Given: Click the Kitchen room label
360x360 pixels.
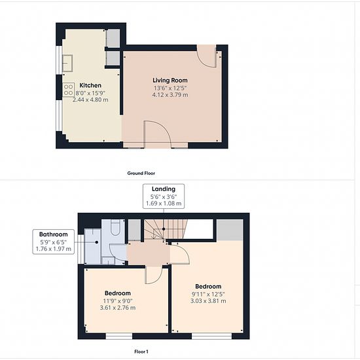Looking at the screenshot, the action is pyautogui.click(x=90, y=85).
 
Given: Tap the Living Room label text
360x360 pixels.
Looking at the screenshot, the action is pyautogui.click(x=170, y=81).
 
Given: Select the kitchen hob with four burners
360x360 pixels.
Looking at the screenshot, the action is pyautogui.click(x=69, y=90).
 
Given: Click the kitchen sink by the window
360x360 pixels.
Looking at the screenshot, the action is pyautogui.click(x=67, y=63).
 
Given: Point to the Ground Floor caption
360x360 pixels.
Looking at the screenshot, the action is pyautogui.click(x=141, y=173).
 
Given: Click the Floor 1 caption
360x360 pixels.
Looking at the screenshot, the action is pyautogui.click(x=141, y=351).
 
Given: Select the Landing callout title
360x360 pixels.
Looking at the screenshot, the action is pyautogui.click(x=164, y=189).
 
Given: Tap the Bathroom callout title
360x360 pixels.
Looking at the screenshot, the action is pyautogui.click(x=53, y=234).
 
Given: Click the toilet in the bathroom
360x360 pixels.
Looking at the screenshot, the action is pyautogui.click(x=115, y=228).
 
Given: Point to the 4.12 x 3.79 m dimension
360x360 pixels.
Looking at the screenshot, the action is pyautogui.click(x=170, y=95).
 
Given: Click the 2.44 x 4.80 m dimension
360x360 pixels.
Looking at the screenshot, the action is pyautogui.click(x=90, y=100).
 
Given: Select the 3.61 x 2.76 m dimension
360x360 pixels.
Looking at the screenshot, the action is pyautogui.click(x=118, y=308).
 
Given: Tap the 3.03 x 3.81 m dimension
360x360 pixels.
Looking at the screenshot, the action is pyautogui.click(x=208, y=301).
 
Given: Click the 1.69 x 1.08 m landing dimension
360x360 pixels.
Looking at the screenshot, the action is pyautogui.click(x=164, y=204).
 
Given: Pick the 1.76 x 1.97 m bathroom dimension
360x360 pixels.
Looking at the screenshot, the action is pyautogui.click(x=53, y=249).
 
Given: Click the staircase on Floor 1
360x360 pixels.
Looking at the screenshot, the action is pyautogui.click(x=166, y=229).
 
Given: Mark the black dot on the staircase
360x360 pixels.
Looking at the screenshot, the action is pyautogui.click(x=164, y=229).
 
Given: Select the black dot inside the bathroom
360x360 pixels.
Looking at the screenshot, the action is pyautogui.click(x=97, y=242).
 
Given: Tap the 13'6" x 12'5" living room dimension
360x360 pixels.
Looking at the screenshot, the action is pyautogui.click(x=170, y=88).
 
